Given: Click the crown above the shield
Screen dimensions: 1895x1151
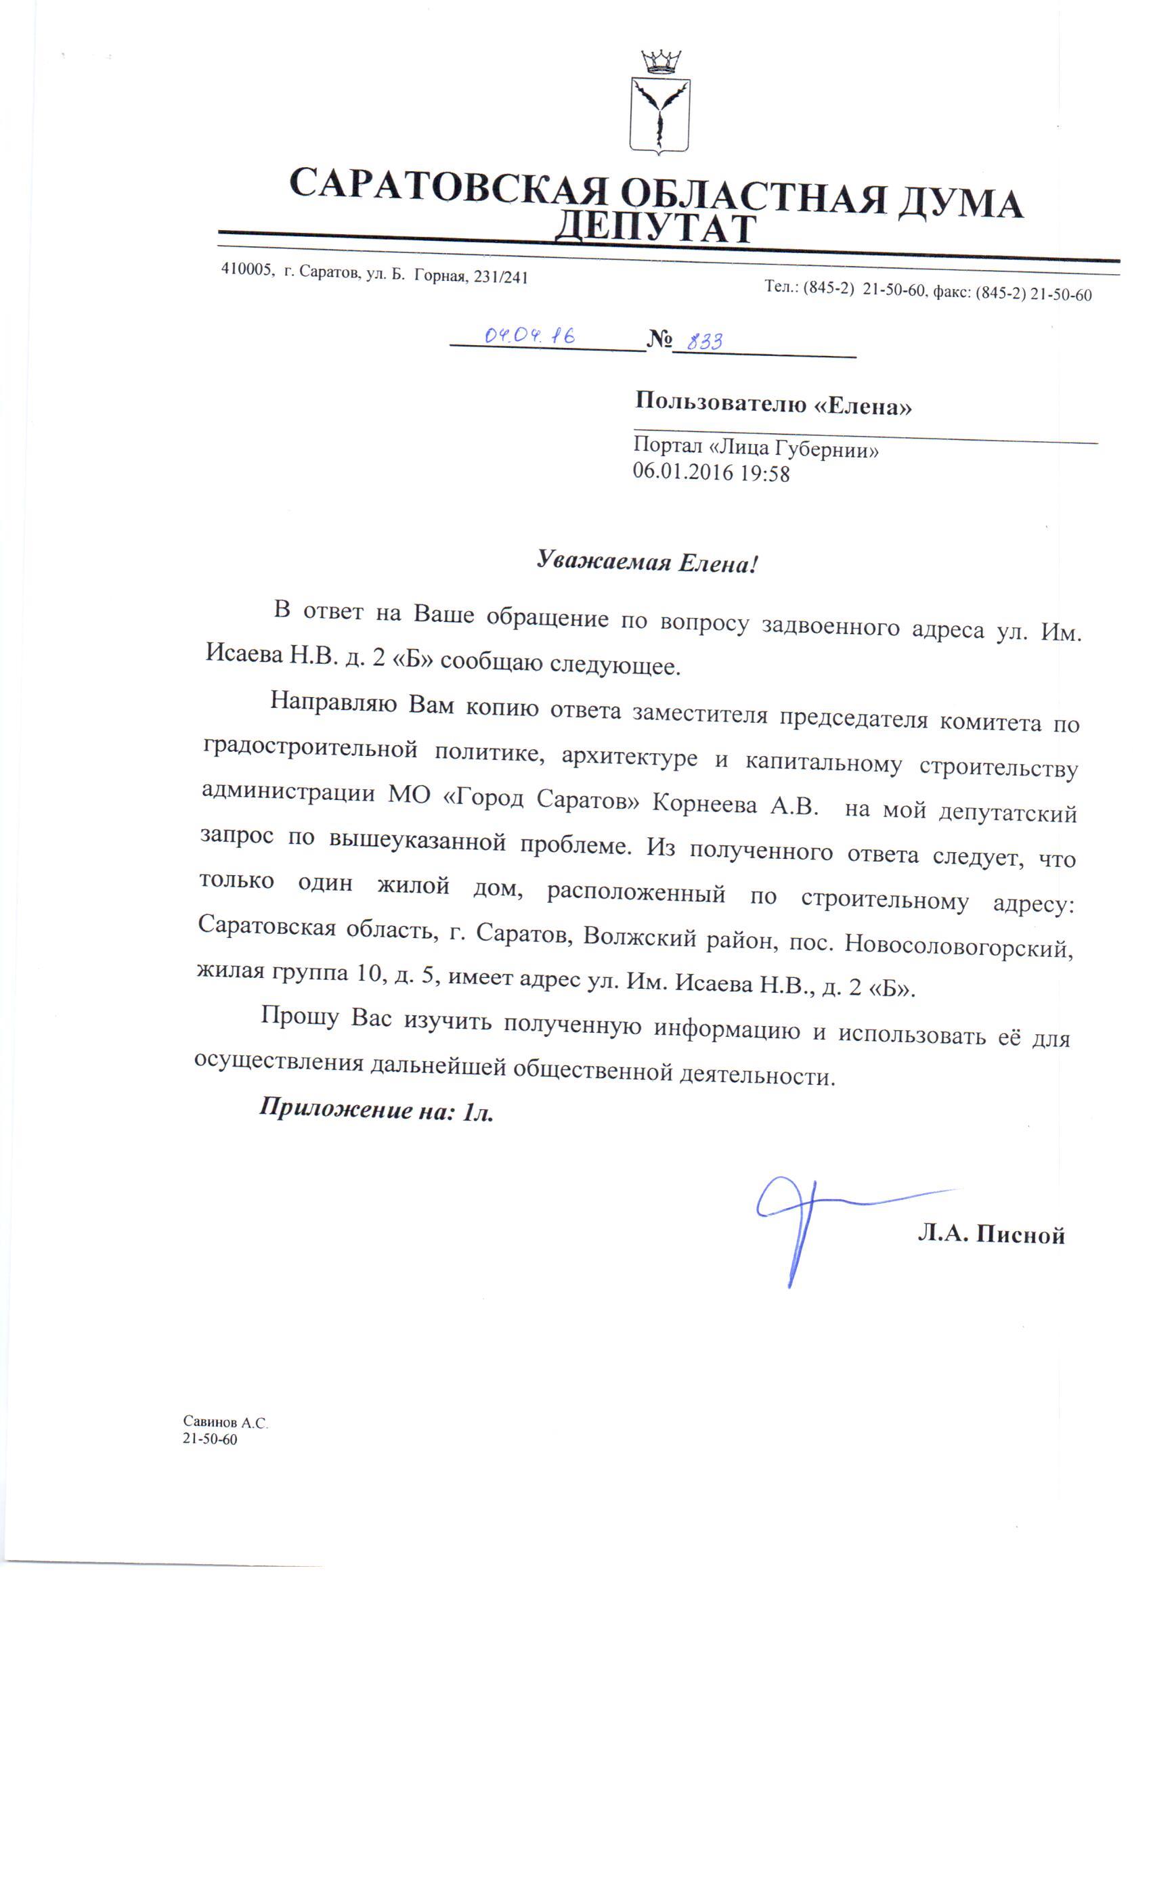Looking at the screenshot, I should coord(660,62).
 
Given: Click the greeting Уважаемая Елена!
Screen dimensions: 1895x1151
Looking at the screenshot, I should coord(647,562).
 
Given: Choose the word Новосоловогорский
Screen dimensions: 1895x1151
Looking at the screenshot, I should coord(958,945).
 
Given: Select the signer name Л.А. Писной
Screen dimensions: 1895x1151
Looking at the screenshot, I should coord(990,1234).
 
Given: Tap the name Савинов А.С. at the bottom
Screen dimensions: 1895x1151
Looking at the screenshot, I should coord(225,1423).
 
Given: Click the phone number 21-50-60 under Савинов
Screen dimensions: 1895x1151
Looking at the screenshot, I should coord(209,1440).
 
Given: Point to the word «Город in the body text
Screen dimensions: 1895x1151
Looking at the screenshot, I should coord(483,797).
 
